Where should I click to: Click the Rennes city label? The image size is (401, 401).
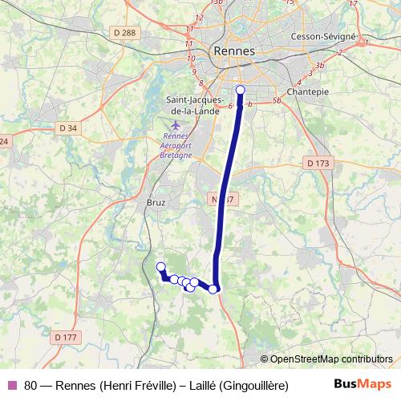pyautogui.click(x=234, y=51)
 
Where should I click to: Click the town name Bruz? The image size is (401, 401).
pyautogui.click(x=156, y=203)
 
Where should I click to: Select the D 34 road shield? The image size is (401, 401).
pyautogui.click(x=68, y=128)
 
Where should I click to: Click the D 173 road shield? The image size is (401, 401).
pyautogui.click(x=318, y=163)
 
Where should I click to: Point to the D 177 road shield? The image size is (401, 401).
pyautogui.click(x=66, y=338)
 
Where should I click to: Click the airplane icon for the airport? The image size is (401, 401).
pyautogui.click(x=176, y=124)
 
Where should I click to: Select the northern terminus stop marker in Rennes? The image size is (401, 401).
pyautogui.click(x=241, y=90)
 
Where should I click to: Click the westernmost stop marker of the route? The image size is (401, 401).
pyautogui.click(x=160, y=267)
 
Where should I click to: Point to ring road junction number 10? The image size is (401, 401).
pyautogui.click(x=192, y=59)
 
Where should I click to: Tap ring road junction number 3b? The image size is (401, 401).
pyautogui.click(x=320, y=64)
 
